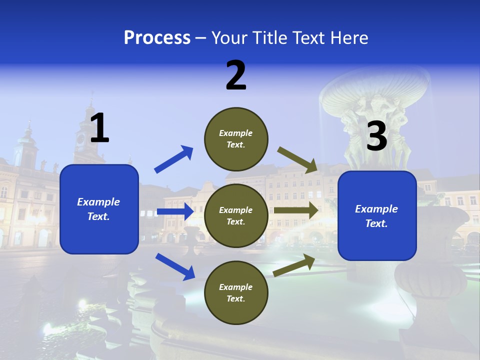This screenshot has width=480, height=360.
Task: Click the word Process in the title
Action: coord(157,38)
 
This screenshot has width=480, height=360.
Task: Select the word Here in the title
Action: coord(349,38)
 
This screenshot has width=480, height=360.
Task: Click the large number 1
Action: coord(99,128)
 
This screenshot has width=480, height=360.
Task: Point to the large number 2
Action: coord(236,75)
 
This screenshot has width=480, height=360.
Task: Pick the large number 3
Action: coord(376,136)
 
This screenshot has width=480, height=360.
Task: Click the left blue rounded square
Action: coord(99,209)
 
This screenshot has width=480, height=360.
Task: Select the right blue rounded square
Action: coord(377,215)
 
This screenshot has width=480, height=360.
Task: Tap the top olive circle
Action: coord(236,139)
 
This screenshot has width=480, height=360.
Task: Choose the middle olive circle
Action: coord(236,215)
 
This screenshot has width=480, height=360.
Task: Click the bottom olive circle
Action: coord(236,292)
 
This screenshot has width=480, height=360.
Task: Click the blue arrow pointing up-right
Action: coord(173,159)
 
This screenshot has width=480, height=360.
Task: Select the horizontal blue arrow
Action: coord(175,211)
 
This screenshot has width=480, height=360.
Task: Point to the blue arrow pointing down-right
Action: coord(175,266)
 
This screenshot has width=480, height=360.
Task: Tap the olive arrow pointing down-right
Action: coord(298,159)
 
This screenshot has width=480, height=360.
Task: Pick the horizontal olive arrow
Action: coord(296,210)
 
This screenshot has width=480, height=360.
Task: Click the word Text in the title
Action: coord(311,38)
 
